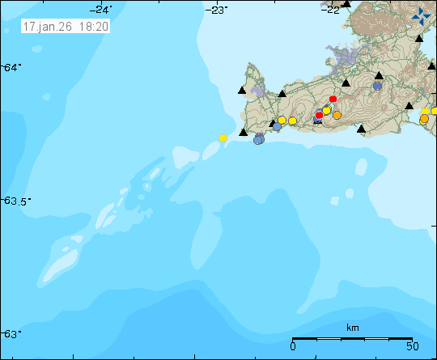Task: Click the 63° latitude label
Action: click(x=9, y=333)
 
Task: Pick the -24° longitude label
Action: click(x=101, y=9)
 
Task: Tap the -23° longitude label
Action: click(x=217, y=9)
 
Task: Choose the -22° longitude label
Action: click(x=331, y=9)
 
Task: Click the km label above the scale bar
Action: click(x=352, y=328)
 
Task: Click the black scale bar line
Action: click(x=352, y=338)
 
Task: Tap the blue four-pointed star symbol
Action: click(x=422, y=15)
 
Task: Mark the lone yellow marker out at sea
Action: click(x=223, y=138)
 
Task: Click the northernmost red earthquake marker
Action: click(x=333, y=99)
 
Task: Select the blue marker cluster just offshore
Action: click(x=259, y=139)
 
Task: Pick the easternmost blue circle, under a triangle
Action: click(x=377, y=85)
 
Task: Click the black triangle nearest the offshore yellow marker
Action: click(x=242, y=131)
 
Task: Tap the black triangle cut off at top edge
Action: click(x=346, y=3)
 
